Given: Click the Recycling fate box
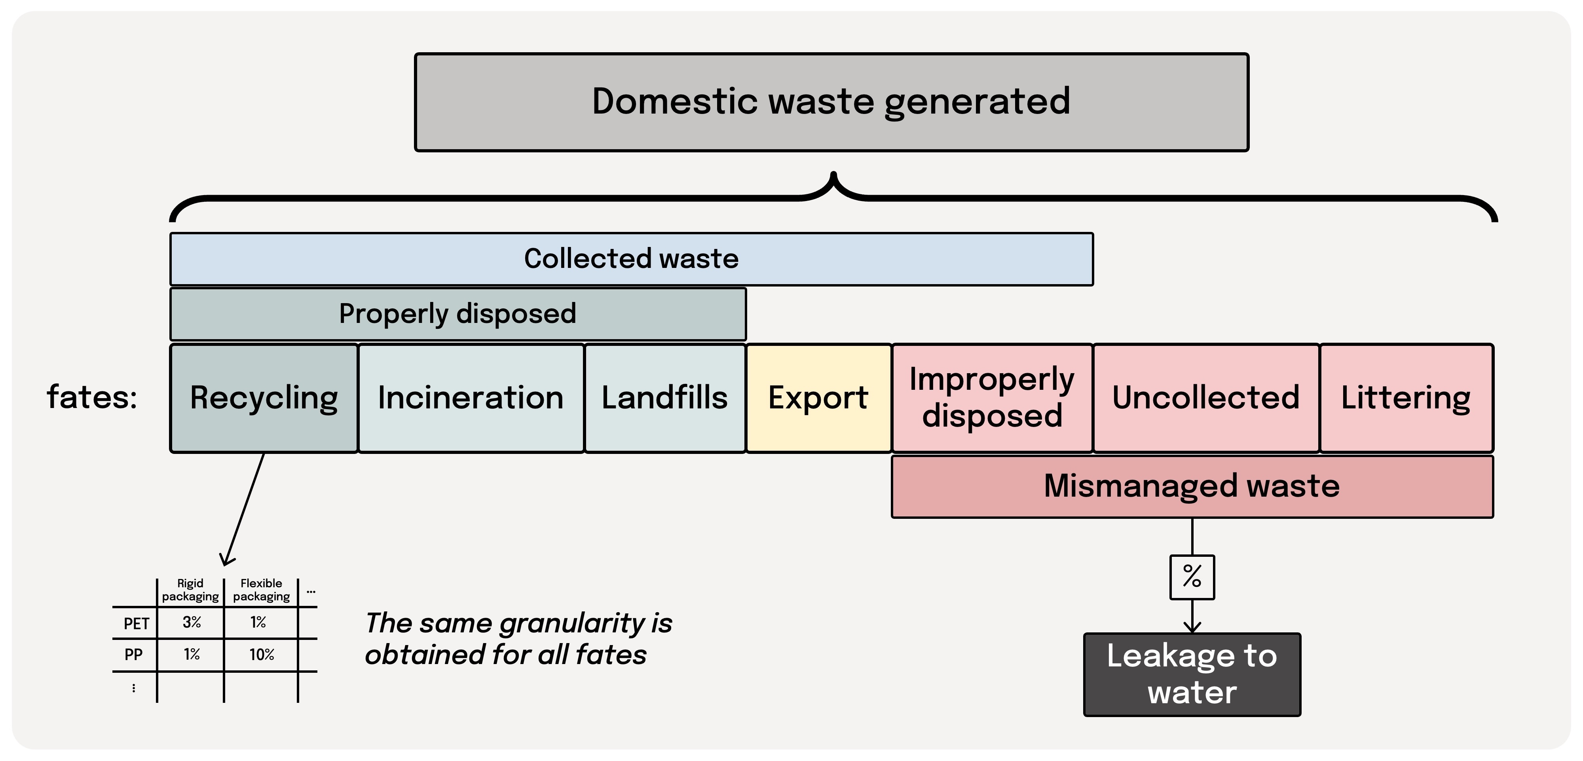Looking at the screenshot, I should coord(264,398).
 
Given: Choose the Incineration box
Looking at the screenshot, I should coord(471,398).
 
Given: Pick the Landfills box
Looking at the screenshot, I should coord(664,398).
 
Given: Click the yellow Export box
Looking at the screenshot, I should coord(818,398).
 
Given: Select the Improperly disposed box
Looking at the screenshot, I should coord(992,398).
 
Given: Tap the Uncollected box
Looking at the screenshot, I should coord(1206,398).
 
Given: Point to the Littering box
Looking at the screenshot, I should coord(1406,398).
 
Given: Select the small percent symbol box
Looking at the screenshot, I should coord(1192,577).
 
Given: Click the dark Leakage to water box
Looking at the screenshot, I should coord(1192,674).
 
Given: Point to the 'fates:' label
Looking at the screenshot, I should coord(92,397).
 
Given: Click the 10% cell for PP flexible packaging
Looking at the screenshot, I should coord(261,655).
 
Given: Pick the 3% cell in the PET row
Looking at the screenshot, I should coord(191,623).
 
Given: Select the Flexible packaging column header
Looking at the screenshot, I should coord(261,590).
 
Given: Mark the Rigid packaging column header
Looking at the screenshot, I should coord(190,590).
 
